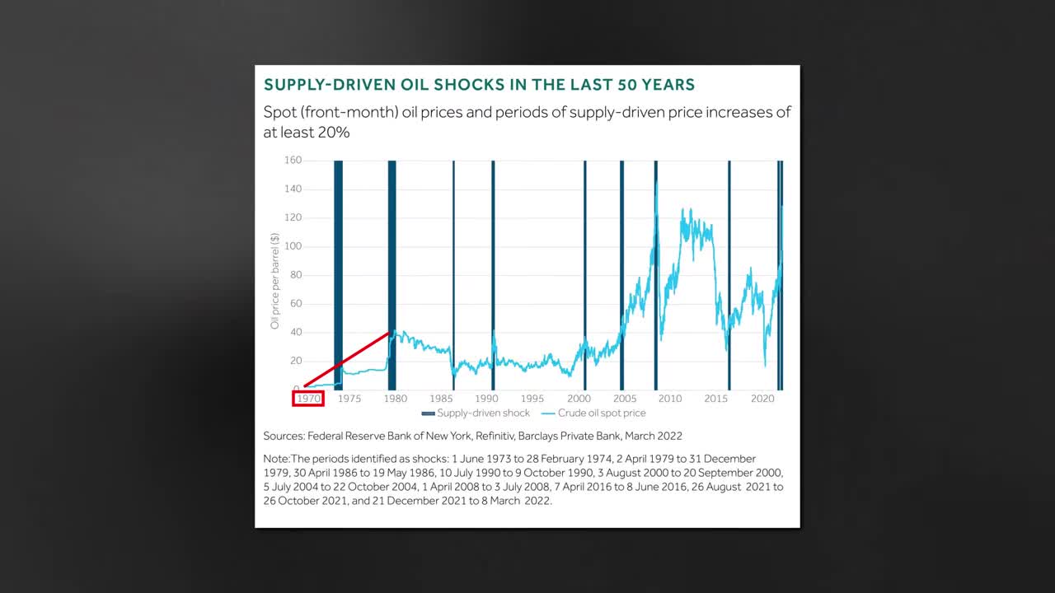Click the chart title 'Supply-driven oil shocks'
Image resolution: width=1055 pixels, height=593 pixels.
479,85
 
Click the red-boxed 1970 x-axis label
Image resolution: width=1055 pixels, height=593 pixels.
308,399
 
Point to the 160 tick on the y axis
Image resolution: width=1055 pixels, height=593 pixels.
292,160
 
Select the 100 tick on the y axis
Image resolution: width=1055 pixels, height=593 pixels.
292,246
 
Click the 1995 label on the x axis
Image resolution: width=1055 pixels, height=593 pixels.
532,399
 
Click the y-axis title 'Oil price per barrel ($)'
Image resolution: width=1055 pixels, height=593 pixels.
275,280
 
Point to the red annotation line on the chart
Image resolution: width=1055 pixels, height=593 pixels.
346,359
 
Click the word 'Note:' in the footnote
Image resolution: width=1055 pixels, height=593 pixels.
277,459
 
